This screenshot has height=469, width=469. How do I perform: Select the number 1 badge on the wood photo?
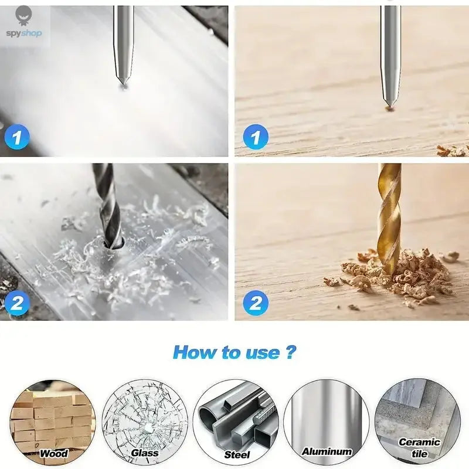255,138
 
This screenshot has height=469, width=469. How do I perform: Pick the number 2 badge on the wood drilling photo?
255,303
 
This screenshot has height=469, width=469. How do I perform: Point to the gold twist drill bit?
389,217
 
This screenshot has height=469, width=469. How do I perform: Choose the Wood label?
54,453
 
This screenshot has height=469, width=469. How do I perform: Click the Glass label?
145,453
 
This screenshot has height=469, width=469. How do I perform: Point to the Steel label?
237,454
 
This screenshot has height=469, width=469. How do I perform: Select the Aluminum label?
327,451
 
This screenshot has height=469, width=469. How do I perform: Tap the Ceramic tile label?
419,447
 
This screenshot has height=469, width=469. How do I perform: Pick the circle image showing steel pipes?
236,417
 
